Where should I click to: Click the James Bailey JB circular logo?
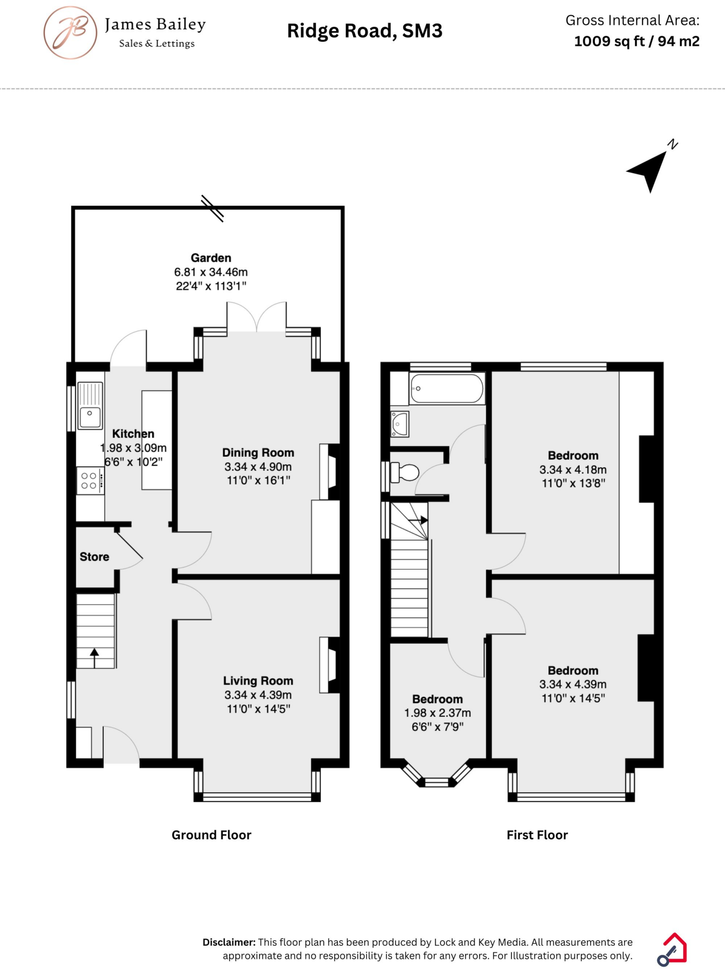(71, 33)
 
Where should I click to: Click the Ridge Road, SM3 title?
(364, 31)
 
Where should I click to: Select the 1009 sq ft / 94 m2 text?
(636, 42)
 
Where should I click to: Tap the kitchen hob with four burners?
(90, 480)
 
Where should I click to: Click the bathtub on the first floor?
(446, 388)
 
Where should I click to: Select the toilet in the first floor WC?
(405, 473)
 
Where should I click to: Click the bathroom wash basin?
(399, 424)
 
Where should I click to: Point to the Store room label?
(94, 557)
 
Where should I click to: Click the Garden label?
(211, 258)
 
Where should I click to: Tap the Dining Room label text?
(258, 453)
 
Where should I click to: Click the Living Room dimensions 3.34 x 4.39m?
(258, 695)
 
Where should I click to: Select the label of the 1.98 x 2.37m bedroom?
(437, 699)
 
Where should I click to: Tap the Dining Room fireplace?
(330, 471)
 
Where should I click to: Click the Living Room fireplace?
(330, 665)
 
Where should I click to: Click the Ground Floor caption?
(211, 835)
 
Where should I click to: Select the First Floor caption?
(537, 835)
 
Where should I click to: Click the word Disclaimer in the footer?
(229, 942)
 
